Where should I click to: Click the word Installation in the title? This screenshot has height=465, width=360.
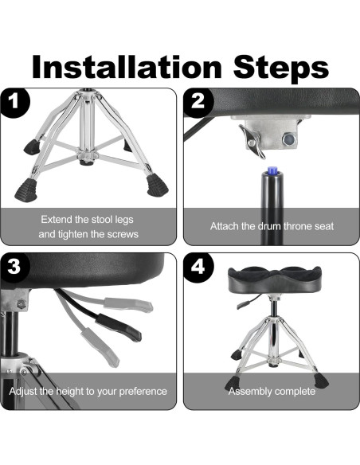[127, 67]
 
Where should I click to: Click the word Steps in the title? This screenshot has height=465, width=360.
[281, 68]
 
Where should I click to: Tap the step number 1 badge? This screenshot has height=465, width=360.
[15, 102]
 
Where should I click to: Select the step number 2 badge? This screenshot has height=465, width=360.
[198, 102]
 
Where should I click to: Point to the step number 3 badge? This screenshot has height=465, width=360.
[14, 267]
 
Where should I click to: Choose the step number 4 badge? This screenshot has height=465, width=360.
[198, 267]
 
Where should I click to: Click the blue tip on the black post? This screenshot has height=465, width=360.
[272, 171]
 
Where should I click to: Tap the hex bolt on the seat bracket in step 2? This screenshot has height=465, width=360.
[288, 139]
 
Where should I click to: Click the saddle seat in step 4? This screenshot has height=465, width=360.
[274, 279]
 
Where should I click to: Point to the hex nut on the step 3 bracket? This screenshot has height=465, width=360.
[21, 304]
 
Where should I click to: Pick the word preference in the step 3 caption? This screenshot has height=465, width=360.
[143, 392]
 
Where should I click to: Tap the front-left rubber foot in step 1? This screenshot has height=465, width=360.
[26, 190]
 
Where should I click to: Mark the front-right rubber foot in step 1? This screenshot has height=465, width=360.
[158, 186]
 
